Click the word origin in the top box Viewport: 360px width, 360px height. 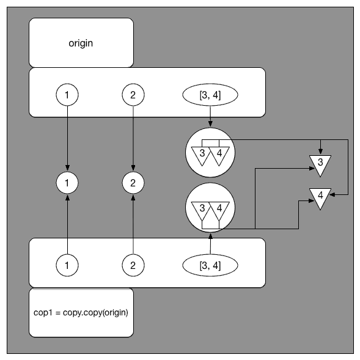pos(81,43)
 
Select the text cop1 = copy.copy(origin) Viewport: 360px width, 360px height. pos(81,312)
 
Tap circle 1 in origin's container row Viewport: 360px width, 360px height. pos(67,95)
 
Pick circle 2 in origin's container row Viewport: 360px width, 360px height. pos(133,95)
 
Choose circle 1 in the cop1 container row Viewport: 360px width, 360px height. pos(67,265)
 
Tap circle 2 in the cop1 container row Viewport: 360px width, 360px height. pos(133,265)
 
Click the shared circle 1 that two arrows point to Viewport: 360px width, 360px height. pos(67,182)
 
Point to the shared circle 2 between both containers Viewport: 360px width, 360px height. pos(133,182)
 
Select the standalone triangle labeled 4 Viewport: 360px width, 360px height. pos(320,197)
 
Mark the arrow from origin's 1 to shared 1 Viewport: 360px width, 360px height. pos(67,138)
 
